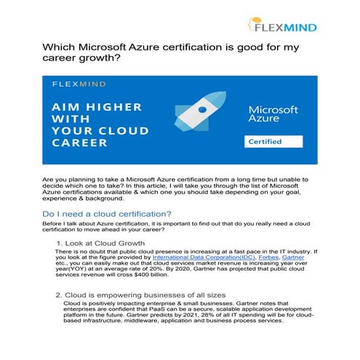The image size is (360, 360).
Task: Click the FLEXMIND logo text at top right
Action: [287, 27]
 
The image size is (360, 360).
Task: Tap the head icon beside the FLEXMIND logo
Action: [256, 26]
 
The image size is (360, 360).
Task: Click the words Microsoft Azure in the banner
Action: [273, 113]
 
